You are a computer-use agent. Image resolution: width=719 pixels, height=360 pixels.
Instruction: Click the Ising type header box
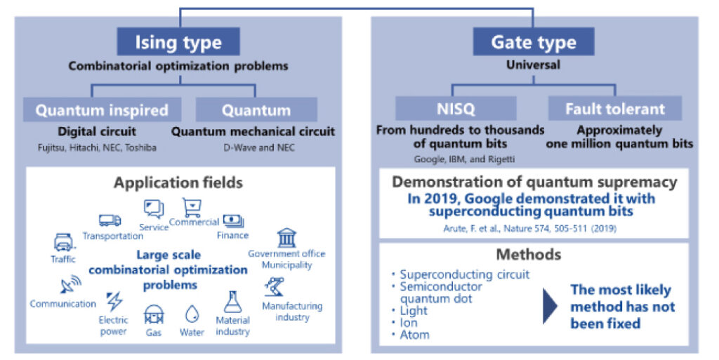(178, 41)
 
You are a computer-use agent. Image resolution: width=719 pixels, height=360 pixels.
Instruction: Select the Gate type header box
(534, 41)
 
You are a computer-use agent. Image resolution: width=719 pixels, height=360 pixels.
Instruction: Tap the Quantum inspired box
(103, 110)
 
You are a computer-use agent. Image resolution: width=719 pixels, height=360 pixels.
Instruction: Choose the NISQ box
(456, 109)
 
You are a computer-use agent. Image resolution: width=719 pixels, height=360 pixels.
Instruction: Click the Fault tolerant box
(615, 109)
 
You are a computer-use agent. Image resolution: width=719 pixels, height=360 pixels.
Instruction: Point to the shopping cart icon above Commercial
(192, 208)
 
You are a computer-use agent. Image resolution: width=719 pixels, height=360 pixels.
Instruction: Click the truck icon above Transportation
(110, 221)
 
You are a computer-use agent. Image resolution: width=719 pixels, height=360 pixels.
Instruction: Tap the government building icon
(286, 238)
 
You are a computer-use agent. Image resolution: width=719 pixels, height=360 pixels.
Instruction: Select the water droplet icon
(192, 314)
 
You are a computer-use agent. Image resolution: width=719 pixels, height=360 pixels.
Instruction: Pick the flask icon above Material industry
(232, 302)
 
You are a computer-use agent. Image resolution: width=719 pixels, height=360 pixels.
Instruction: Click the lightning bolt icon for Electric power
(114, 302)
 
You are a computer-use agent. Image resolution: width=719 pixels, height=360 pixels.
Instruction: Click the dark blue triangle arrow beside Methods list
(550, 307)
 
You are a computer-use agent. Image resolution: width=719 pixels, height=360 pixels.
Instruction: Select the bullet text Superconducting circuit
(465, 274)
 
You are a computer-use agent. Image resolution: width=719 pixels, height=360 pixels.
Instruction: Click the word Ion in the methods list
(409, 322)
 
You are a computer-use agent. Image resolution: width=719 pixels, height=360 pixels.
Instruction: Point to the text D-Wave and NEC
(259, 147)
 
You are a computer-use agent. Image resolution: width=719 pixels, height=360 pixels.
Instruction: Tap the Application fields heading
(178, 182)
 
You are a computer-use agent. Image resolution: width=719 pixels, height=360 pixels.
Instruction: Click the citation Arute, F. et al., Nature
(529, 228)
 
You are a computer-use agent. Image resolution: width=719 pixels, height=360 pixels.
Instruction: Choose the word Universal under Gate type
(534, 65)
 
